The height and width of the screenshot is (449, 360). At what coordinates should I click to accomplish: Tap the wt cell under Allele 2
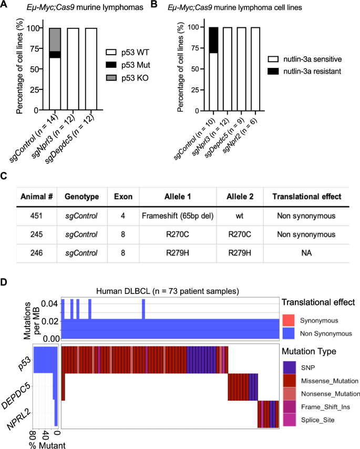(242, 215)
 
